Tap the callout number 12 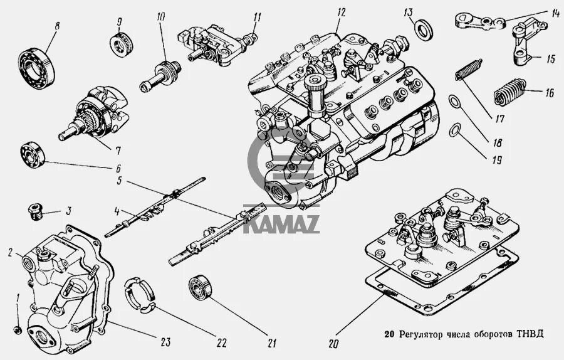(x=340, y=13)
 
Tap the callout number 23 (x=165, y=342)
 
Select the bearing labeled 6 (x=31, y=154)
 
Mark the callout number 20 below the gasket (x=332, y=343)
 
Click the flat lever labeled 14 (x=479, y=22)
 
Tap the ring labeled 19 (x=456, y=130)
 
